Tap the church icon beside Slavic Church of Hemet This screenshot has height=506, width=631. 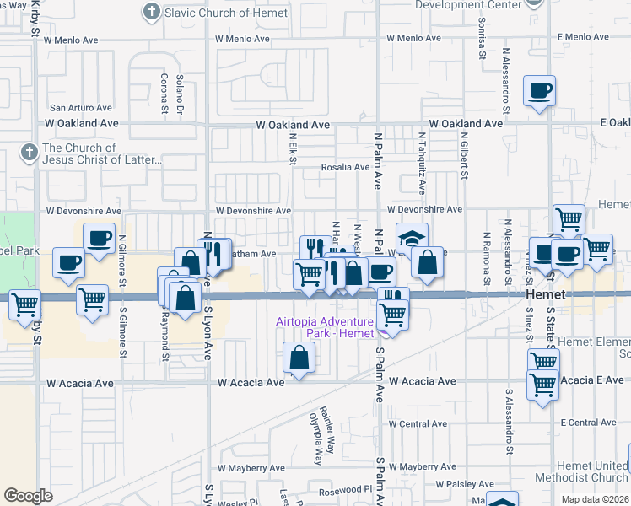[151, 12]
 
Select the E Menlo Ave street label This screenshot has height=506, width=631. [584, 37]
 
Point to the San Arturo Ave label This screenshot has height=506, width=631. [81, 108]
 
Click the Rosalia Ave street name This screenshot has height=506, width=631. [345, 167]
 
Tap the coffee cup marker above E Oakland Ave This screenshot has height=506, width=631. [539, 91]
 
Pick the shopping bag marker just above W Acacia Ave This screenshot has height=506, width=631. [299, 358]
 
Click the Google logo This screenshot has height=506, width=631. [28, 496]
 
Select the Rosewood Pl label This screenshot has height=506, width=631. [344, 488]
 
